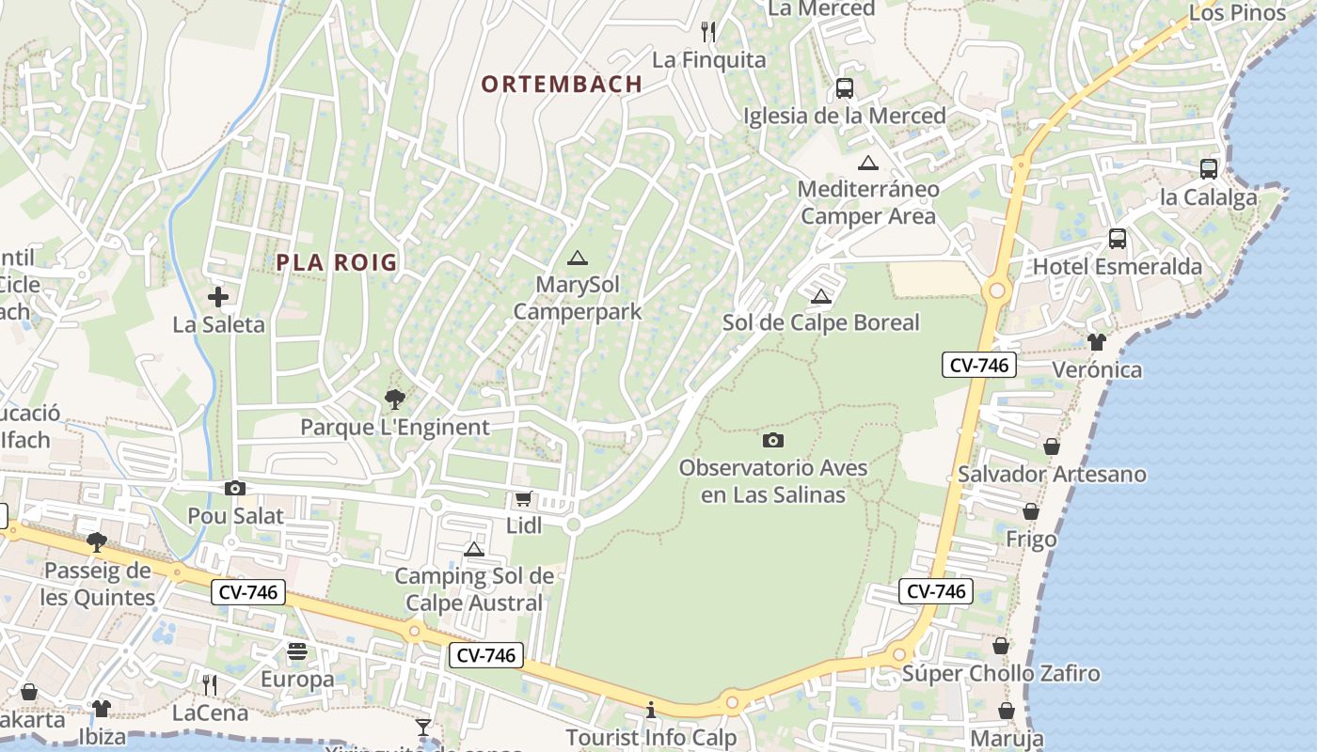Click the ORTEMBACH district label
[x=562, y=84]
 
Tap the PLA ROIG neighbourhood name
[x=337, y=262]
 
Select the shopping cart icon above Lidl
[x=523, y=499]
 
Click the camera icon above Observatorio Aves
[x=772, y=440]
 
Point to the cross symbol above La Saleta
[x=218, y=298]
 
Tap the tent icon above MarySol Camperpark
[x=578, y=258]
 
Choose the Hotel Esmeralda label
[x=1118, y=267]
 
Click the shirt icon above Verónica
[x=1096, y=342]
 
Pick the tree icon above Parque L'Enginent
[x=395, y=399]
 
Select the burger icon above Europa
[x=297, y=651]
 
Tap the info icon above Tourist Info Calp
[x=651, y=710]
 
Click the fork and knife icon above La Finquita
[x=708, y=32]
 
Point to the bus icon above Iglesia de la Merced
[x=845, y=88]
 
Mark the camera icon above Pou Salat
[x=235, y=488]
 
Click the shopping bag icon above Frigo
[x=1031, y=512]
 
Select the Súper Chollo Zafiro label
[x=1001, y=674]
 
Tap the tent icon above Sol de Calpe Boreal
[x=821, y=297]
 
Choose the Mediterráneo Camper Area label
[x=868, y=202]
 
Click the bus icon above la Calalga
[x=1209, y=169]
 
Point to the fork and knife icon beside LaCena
[x=209, y=684]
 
